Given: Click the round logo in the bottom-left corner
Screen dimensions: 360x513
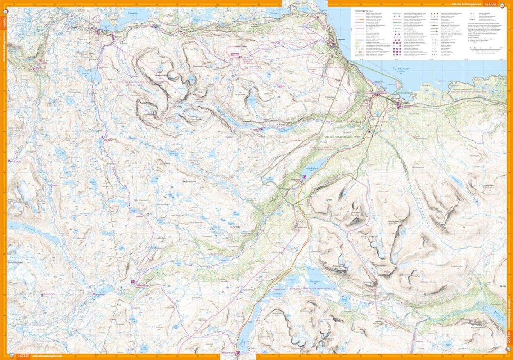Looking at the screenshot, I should pos(14,356).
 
